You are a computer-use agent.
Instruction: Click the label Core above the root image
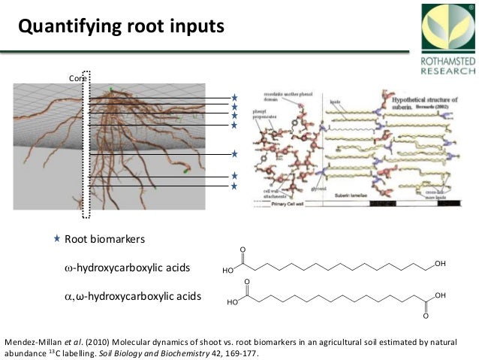tap(77, 78)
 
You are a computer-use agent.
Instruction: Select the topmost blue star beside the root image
tap(233, 98)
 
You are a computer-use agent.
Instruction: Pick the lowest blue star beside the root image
tap(233, 186)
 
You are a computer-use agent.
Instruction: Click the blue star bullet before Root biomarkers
tap(57, 238)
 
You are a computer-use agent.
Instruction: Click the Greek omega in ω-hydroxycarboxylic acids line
tap(68, 268)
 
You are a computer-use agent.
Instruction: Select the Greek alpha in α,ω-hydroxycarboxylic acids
tap(68, 296)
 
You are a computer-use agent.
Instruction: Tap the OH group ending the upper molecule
tap(440, 264)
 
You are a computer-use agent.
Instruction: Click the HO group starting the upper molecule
tap(228, 271)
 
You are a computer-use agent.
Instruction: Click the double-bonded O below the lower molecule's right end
tap(426, 316)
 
